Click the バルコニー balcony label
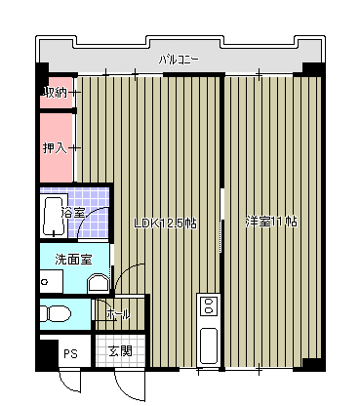pos(180,60)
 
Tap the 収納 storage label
pos(56,93)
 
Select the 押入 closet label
pos(56,148)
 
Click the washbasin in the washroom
pos(98,284)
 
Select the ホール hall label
pos(118,314)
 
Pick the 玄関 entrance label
pos(119,351)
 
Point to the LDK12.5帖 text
pos(165,223)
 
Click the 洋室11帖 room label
pos(270,222)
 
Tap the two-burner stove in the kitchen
pos(207,308)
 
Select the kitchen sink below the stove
pos(207,345)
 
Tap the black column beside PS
pos(44,353)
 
